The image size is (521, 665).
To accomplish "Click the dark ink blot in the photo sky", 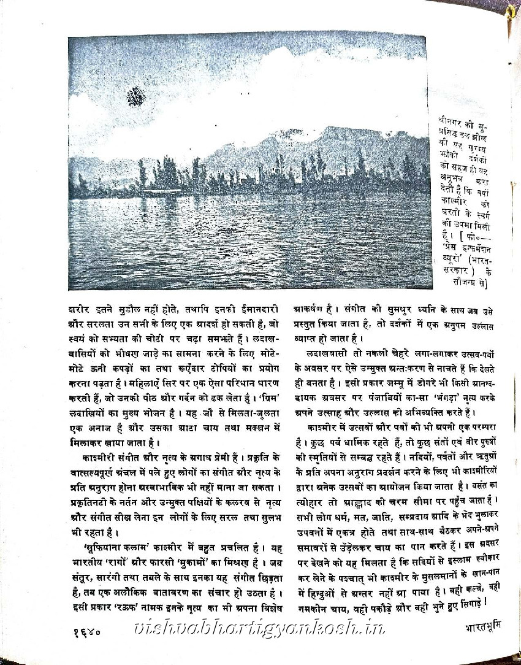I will point(136,96).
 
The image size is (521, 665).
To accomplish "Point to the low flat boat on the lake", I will point(162,193).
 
